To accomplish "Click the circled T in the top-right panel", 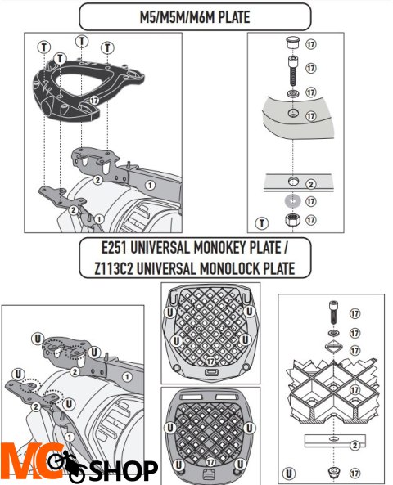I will [263, 222].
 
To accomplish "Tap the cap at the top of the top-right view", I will [292, 43].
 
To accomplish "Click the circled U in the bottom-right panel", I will [291, 472].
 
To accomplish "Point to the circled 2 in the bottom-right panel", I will [354, 445].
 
